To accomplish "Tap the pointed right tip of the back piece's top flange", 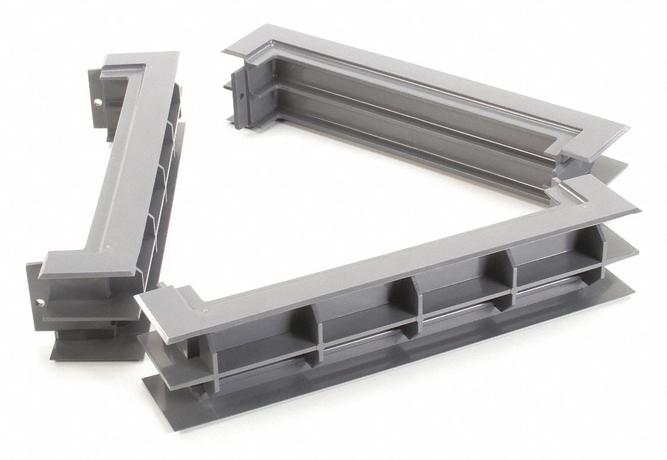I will pos(627,128).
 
